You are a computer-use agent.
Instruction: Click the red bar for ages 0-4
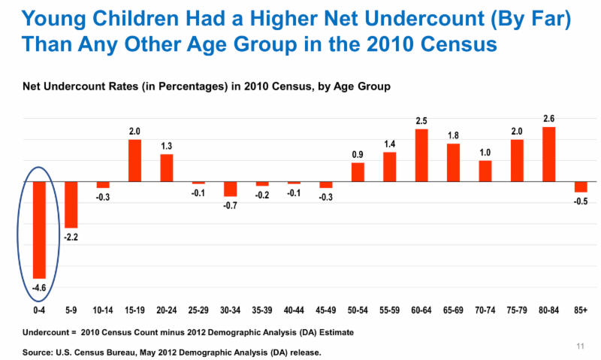click(39, 230)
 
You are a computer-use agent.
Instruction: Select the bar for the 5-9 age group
click(71, 204)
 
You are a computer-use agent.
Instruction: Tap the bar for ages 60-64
click(421, 156)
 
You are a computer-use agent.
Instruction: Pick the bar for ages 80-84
click(549, 154)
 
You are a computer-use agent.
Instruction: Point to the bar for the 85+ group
click(581, 186)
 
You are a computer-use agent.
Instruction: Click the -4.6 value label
click(39, 288)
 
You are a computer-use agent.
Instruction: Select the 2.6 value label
click(549, 119)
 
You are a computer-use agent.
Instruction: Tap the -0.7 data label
click(231, 206)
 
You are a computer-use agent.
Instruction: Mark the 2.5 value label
click(421, 121)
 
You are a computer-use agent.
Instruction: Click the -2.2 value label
click(71, 237)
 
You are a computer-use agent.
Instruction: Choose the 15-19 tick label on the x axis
click(134, 310)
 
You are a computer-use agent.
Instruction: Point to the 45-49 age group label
click(326, 310)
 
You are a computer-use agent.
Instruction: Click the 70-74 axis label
click(485, 310)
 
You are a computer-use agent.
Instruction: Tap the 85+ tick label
click(581, 310)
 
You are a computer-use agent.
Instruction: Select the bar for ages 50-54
click(358, 172)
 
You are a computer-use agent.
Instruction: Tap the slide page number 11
click(580, 346)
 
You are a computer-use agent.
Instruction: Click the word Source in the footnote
click(37, 352)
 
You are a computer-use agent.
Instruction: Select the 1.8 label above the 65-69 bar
click(453, 136)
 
